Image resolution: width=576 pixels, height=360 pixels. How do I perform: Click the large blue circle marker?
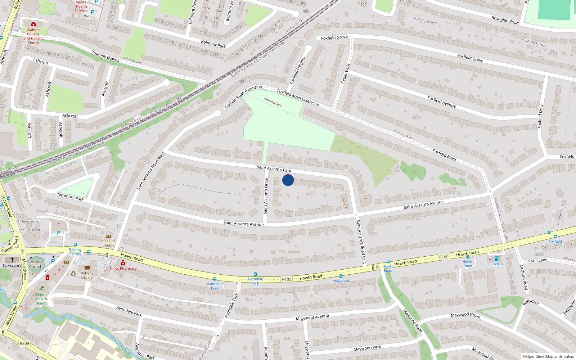(288, 180)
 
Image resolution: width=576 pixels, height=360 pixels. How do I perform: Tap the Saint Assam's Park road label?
(274, 168)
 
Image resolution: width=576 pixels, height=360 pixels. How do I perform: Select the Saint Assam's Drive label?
(266, 196)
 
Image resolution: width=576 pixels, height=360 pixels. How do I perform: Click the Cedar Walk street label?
(346, 73)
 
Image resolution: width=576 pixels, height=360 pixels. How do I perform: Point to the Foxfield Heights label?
(298, 70)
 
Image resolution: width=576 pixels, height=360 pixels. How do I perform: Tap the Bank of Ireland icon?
(108, 237)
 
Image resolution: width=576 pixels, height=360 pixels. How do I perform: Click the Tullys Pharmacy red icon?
(123, 263)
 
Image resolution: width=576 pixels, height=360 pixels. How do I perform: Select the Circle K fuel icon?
(496, 259)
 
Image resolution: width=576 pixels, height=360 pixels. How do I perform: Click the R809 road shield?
(24, 343)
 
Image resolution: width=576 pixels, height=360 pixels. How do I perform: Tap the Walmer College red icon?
(33, 24)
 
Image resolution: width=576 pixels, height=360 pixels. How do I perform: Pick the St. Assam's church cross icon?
(12, 260)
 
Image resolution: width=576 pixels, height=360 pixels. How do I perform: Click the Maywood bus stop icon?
(341, 276)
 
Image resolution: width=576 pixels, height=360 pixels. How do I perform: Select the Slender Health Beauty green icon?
(42, 288)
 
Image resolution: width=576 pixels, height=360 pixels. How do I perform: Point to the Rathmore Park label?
(70, 196)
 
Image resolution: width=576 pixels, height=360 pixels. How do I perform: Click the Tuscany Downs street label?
(105, 56)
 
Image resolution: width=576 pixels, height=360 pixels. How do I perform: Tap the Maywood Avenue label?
(312, 318)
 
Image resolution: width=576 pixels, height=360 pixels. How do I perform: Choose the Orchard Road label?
(524, 277)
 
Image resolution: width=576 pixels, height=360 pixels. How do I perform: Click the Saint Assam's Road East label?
(361, 242)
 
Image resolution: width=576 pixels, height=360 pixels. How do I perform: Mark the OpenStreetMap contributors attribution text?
(548, 357)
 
